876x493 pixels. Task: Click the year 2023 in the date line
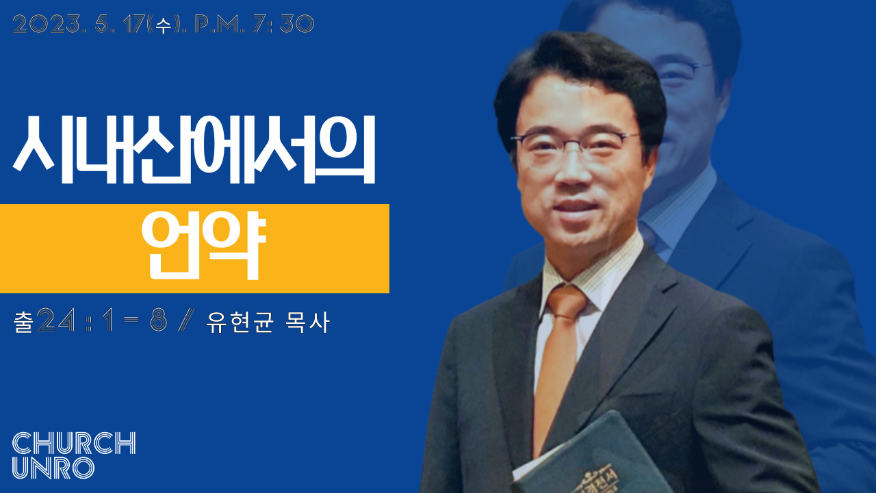[x=47, y=24]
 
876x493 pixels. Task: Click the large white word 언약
[x=203, y=246]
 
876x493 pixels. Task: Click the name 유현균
[x=240, y=323]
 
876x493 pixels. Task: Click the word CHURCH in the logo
[x=75, y=443]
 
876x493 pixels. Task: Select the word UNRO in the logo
[x=53, y=468]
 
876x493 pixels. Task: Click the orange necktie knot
[x=567, y=301]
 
